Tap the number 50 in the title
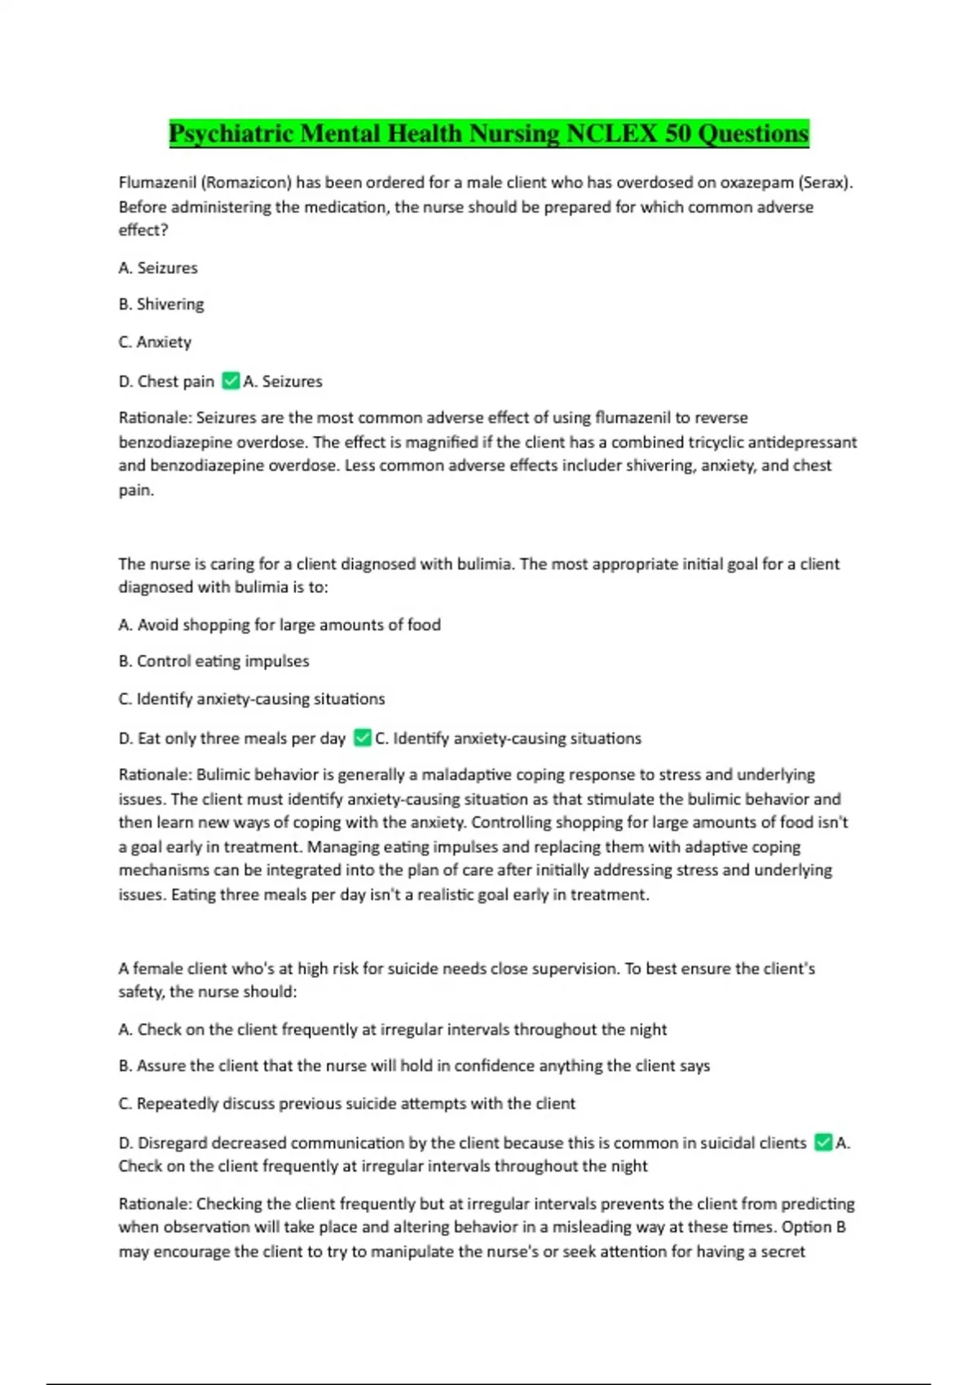pos(677,134)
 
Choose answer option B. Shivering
pos(161,304)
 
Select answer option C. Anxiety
pos(155,342)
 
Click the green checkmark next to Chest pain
pos(231,380)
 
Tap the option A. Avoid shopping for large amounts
pos(280,625)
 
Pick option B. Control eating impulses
pos(214,662)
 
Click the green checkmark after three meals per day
pos(363,738)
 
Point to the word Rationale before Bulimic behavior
pos(155,775)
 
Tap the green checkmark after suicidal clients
pos(823,1142)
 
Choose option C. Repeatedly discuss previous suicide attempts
pos(347,1104)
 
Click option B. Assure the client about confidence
pos(414,1066)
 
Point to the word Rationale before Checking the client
pos(155,1203)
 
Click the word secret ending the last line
pos(782,1251)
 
